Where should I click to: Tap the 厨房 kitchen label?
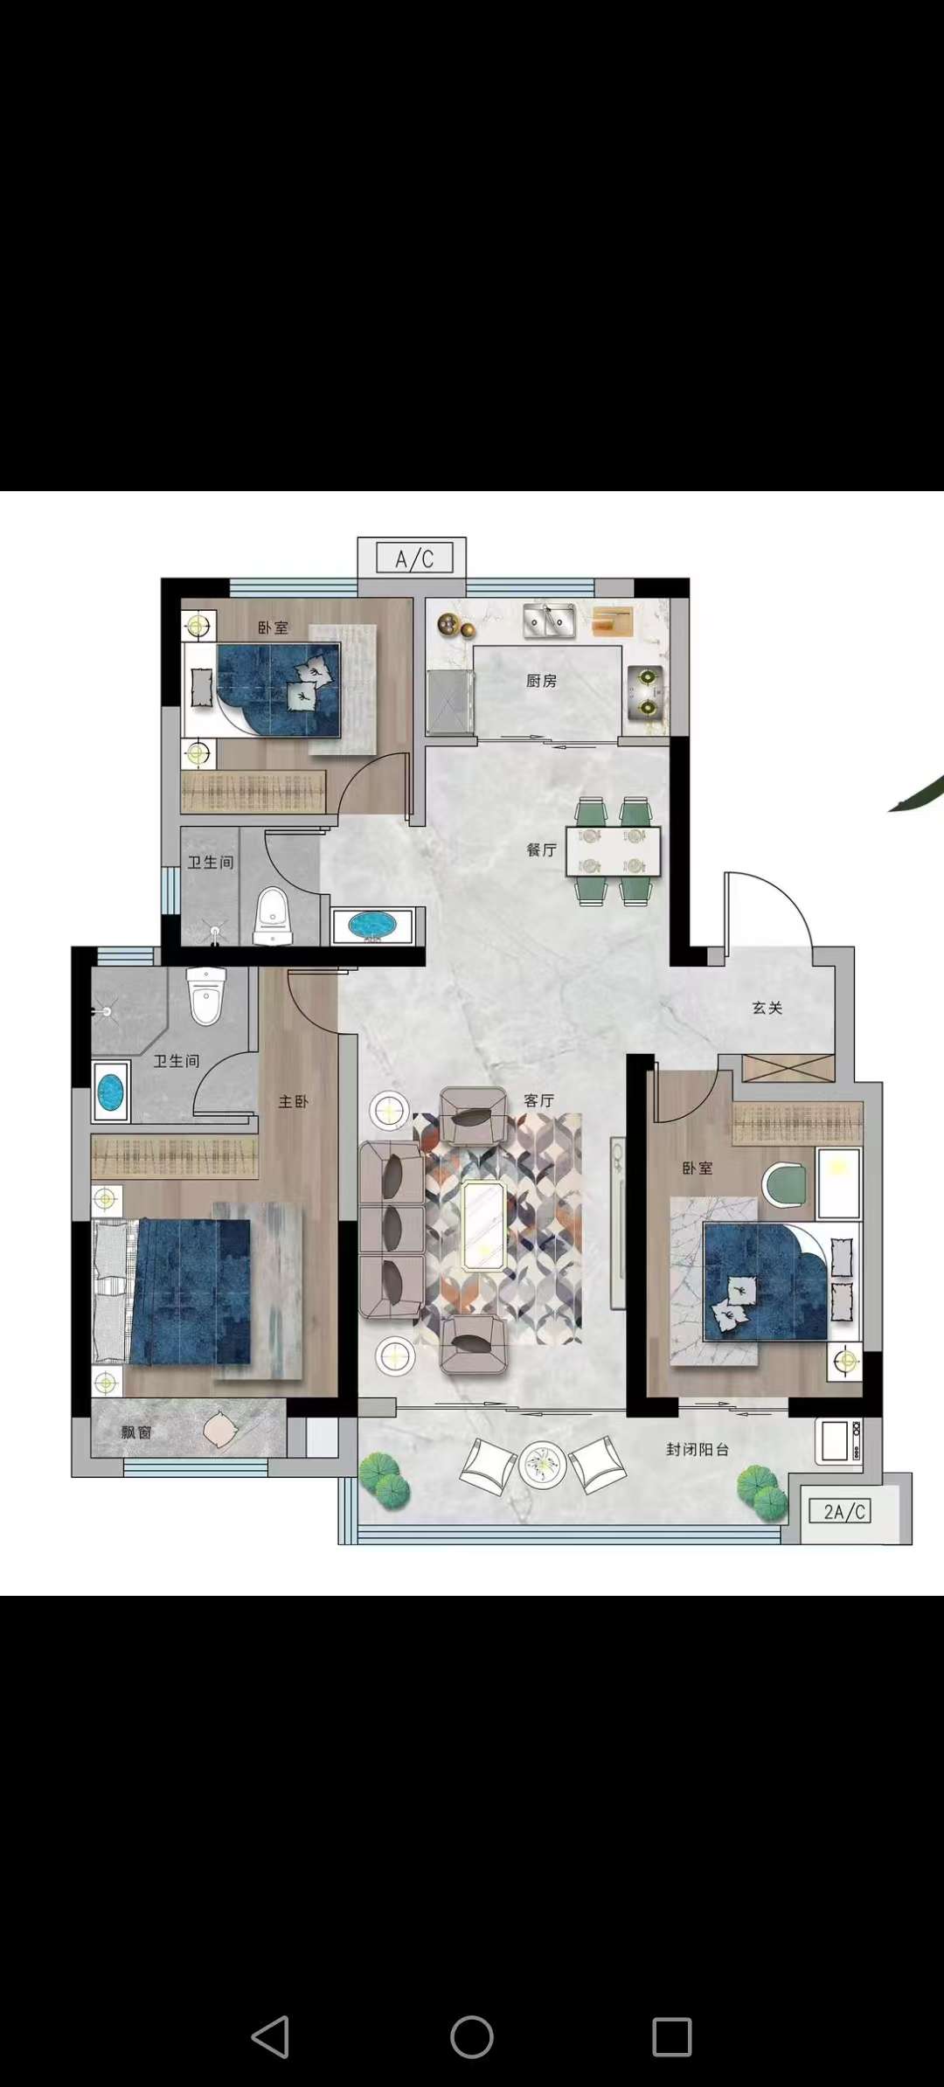click(541, 681)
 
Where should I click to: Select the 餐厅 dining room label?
click(542, 849)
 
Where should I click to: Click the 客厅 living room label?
click(539, 1100)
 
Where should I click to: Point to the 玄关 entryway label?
click(767, 1008)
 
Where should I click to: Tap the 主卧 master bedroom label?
click(294, 1102)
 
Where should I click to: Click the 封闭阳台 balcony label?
click(698, 1449)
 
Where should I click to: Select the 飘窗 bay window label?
click(136, 1432)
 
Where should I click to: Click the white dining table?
click(613, 851)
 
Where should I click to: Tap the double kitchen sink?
click(549, 621)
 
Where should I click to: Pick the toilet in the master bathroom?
click(206, 995)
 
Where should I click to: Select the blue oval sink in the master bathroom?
click(111, 1092)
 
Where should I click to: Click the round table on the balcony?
click(542, 1465)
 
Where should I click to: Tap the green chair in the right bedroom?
click(785, 1185)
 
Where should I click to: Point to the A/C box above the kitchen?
click(414, 558)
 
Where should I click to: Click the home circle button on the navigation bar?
click(472, 2037)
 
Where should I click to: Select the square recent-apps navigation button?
click(672, 2037)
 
